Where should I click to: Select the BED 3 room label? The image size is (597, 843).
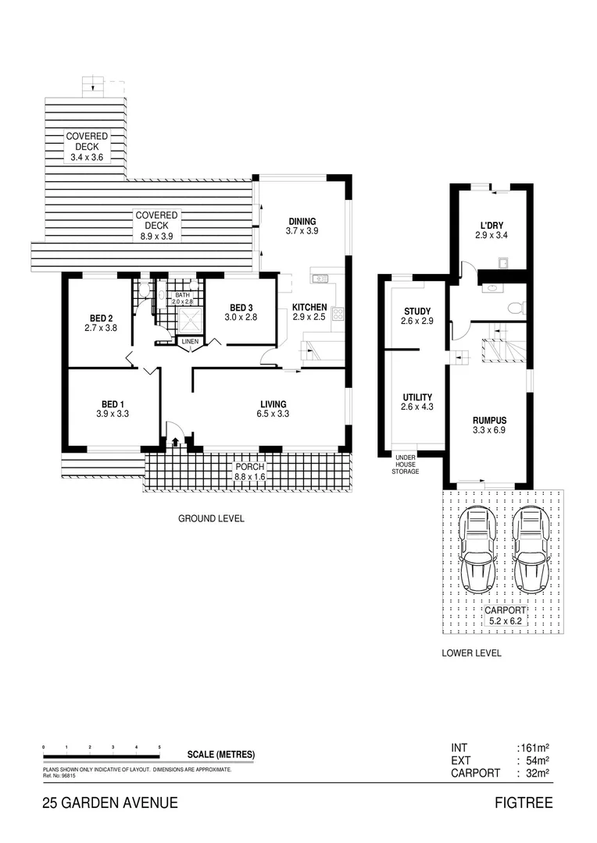point(241,307)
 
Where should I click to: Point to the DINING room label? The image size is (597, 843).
point(302,221)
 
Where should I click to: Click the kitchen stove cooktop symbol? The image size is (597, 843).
point(338,314)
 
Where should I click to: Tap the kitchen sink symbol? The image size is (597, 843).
point(319,278)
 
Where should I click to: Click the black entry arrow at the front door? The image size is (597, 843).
point(174,443)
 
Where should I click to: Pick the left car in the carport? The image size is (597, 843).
point(477,549)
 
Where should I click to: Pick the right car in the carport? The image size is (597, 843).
point(531,549)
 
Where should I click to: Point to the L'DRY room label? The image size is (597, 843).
point(491,225)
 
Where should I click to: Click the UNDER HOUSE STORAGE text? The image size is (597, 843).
point(405,464)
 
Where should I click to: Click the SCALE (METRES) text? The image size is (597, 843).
point(221,754)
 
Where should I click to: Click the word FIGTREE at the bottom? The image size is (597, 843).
point(524,803)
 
